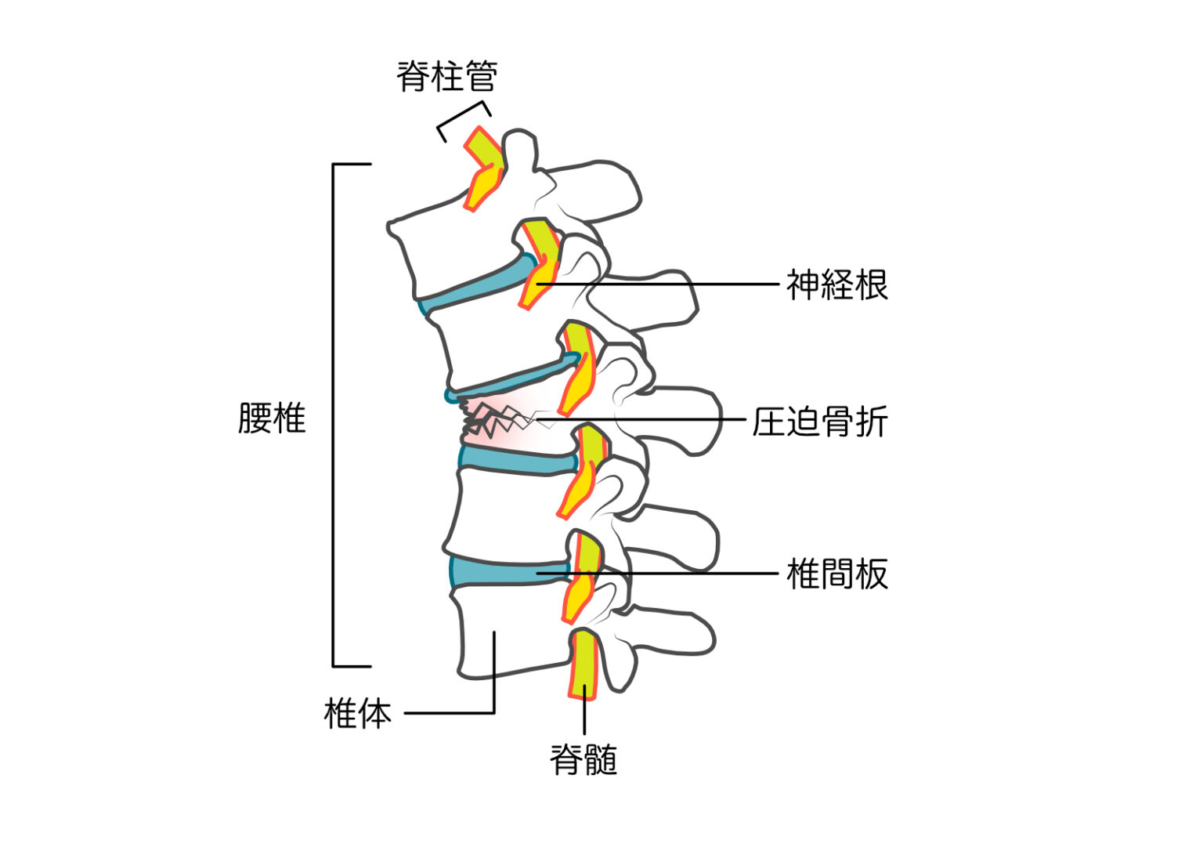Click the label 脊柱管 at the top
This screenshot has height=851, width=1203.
tap(446, 77)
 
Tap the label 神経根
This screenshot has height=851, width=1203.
tap(836, 284)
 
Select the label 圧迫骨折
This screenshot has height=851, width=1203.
tap(819, 422)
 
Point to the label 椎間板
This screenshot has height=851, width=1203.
tap(836, 574)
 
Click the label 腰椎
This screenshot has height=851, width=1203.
tap(271, 418)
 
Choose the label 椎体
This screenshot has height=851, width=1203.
tap(357, 713)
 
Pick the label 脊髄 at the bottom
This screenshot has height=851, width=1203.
tap(583, 759)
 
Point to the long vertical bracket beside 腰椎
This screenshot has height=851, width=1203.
tap(334, 415)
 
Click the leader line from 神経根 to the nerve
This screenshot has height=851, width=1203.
tap(666, 284)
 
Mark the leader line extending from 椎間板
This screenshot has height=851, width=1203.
tap(666, 574)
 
